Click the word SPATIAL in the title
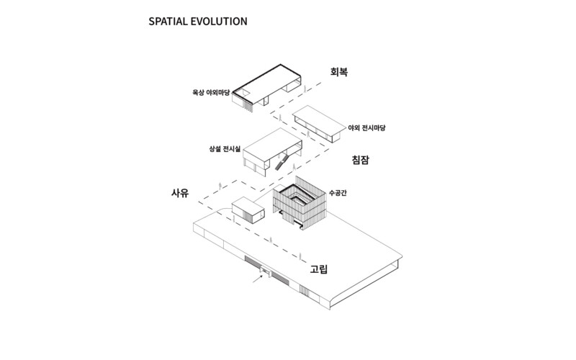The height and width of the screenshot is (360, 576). [167, 21]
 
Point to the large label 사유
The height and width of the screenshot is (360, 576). [180, 193]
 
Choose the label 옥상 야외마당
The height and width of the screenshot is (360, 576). [211, 91]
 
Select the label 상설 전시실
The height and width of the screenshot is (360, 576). [222, 149]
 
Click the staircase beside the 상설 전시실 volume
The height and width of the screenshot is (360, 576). [282, 162]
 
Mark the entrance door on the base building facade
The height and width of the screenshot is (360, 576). [265, 271]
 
